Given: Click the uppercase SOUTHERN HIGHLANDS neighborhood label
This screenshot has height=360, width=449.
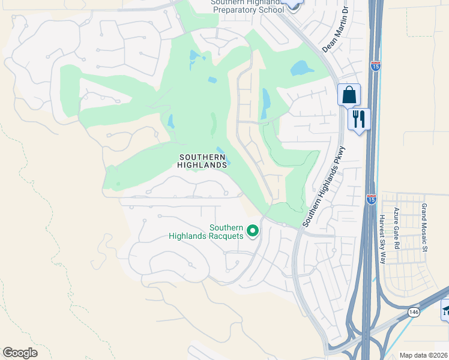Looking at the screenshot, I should tap(203, 160).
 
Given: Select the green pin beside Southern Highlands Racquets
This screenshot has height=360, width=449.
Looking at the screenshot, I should tap(253, 230).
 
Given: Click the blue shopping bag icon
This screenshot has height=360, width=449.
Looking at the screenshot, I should tap(349, 95).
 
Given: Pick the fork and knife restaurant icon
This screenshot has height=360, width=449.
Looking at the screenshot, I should tap(360, 118).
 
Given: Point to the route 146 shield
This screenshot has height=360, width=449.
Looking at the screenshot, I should tap(414, 312).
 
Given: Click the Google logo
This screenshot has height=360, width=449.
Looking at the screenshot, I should tap(20, 353).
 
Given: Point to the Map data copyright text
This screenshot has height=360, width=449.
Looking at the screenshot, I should tap(424, 355).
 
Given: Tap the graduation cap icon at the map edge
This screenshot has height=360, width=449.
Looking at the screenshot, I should tap(445, 310).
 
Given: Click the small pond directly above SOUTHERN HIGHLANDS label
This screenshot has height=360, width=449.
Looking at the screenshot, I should tap(220, 151).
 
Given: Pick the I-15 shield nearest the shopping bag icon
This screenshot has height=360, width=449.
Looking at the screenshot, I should tap(376, 66).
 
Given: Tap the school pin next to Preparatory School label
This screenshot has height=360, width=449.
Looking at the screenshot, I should tap(292, 5).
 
